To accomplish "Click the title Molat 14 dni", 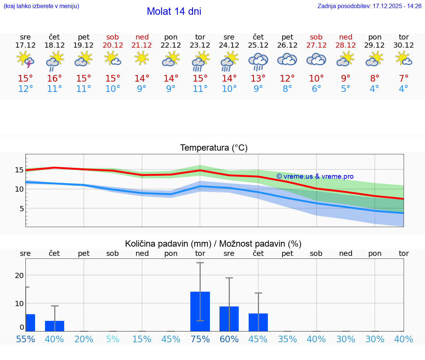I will [x=174, y=11].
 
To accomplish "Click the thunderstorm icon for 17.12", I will [x=25, y=59].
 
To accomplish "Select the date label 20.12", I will [x=113, y=45].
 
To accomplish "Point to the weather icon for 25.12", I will [x=258, y=61].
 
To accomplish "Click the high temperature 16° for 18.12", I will [x=55, y=79].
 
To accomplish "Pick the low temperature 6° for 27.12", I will [x=316, y=89].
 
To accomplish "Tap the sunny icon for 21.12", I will [x=142, y=58].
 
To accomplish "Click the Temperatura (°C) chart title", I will [x=214, y=148].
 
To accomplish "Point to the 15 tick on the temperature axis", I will [x=19, y=170].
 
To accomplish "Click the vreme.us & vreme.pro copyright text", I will [x=315, y=176].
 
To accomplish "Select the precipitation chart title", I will [x=213, y=244].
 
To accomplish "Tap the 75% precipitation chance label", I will [x=200, y=339].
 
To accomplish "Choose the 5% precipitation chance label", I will [x=113, y=339].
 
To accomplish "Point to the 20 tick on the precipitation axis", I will [x=19, y=275].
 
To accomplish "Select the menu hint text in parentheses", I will [x=41, y=6].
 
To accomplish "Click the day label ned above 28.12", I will [x=345, y=37].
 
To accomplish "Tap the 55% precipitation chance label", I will [x=25, y=339].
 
